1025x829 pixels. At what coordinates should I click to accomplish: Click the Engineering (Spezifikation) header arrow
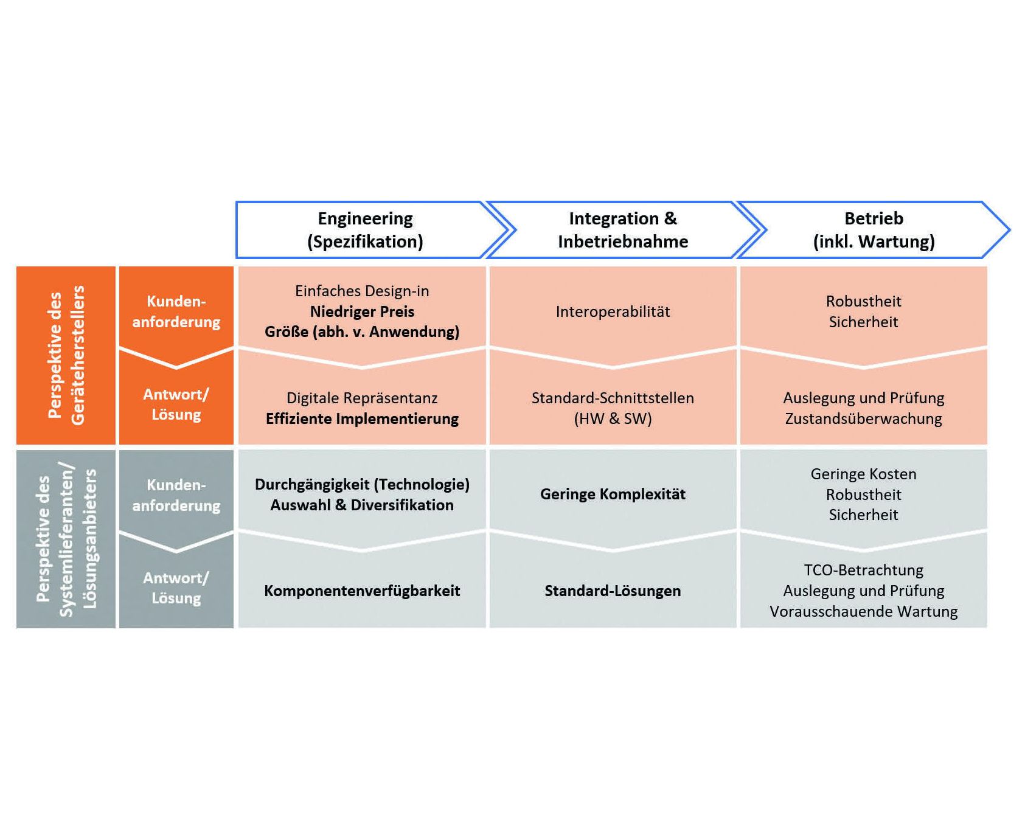click(x=371, y=230)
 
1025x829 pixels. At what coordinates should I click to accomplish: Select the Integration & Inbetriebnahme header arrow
click(x=623, y=230)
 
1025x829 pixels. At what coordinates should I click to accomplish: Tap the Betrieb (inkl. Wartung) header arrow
click(x=874, y=230)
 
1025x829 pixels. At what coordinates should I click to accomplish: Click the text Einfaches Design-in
click(x=362, y=291)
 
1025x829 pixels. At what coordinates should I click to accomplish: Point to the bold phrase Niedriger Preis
click(x=362, y=311)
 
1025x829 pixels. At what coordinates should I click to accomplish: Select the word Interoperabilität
click(x=613, y=311)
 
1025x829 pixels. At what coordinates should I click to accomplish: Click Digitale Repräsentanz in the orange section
click(x=362, y=398)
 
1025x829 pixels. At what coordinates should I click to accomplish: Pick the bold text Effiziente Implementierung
click(x=362, y=418)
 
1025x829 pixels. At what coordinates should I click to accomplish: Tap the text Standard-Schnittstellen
click(x=613, y=398)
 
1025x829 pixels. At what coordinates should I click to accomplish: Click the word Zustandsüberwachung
click(x=863, y=418)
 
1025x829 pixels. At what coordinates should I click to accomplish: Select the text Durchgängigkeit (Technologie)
click(x=362, y=484)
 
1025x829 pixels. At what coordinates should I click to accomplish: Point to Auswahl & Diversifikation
click(x=362, y=505)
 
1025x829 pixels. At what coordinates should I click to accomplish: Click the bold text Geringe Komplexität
click(x=613, y=494)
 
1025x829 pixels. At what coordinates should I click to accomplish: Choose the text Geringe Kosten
click(x=863, y=474)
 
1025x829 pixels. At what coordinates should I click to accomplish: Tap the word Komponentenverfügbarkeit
click(x=362, y=591)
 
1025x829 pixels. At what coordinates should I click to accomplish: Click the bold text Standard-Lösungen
click(x=613, y=591)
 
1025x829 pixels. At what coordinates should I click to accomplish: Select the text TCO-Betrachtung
click(x=863, y=570)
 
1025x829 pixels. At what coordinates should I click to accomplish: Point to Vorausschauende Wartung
click(x=863, y=611)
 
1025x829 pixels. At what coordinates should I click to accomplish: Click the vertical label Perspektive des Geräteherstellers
click(x=66, y=355)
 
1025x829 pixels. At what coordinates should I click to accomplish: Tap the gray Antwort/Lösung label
click(x=176, y=588)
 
